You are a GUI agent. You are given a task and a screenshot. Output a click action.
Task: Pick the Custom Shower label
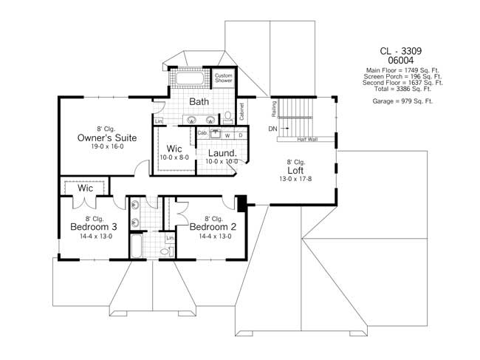(x=223, y=78)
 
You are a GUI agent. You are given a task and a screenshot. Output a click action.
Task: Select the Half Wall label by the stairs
(x=308, y=139)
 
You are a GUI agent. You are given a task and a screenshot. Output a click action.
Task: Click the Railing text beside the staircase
(x=273, y=111)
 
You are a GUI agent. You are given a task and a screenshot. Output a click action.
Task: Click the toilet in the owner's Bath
(x=228, y=116)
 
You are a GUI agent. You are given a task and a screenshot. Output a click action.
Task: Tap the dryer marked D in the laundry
(x=240, y=135)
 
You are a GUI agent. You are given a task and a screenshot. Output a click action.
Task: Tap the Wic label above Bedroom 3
(x=86, y=189)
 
